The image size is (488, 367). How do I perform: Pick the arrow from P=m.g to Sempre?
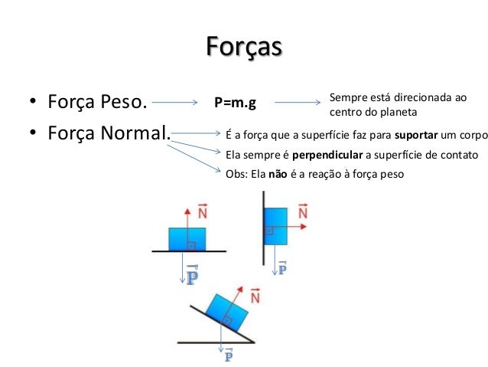pos(298,102)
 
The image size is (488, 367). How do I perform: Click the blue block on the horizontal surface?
pos(187,238)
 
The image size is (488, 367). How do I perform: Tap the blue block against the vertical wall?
pos(275,225)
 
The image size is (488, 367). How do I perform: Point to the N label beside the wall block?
pos(302,211)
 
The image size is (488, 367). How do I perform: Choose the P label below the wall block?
pos(282,268)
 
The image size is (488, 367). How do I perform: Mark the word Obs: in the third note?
pos(237,174)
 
